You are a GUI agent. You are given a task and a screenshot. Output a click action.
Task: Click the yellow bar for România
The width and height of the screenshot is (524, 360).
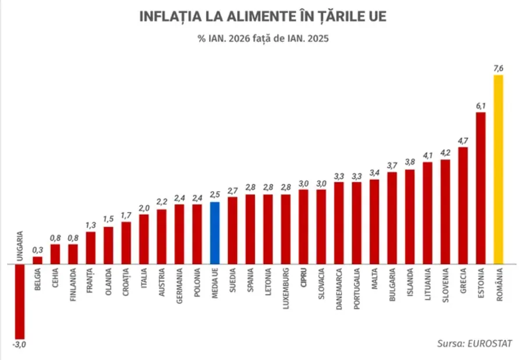(498, 169)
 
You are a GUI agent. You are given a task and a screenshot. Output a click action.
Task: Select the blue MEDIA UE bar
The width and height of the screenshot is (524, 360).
(214, 232)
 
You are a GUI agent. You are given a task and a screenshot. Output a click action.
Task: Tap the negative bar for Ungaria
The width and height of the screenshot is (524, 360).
(20, 300)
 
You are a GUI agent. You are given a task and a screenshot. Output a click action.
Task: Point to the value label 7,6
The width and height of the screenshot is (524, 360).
(498, 69)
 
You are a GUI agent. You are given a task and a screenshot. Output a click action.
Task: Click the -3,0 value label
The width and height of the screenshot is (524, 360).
(20, 344)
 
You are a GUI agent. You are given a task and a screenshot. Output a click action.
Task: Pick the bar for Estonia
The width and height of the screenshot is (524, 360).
(480, 188)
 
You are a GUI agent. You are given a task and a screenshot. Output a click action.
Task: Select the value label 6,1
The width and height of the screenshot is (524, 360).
(480, 105)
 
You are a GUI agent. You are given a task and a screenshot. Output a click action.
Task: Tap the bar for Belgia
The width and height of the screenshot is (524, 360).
(37, 260)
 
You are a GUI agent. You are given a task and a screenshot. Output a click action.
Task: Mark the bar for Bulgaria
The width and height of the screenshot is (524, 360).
(392, 217)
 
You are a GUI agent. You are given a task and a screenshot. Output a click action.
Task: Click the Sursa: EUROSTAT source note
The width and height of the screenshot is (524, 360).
(475, 343)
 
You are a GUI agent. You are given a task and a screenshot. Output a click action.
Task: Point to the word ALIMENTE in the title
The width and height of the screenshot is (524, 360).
(238, 17)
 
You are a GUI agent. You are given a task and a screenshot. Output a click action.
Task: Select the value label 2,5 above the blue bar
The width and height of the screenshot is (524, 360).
(214, 195)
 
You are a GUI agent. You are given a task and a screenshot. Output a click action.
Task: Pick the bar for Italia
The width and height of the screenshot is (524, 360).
(144, 239)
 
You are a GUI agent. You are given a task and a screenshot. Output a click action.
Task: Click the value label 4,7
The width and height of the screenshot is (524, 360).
(463, 140)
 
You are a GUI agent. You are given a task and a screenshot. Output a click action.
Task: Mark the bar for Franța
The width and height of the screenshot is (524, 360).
(90, 248)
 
